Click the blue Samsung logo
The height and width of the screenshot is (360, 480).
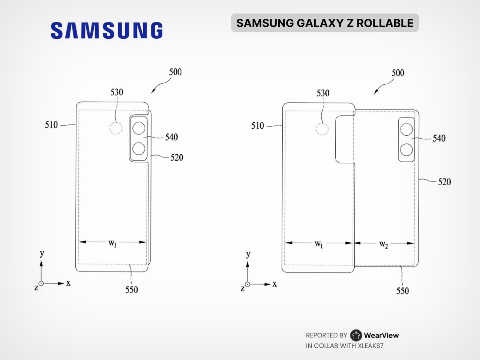107,30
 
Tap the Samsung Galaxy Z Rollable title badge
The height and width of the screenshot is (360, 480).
325,23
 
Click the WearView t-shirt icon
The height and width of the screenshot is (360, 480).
356,335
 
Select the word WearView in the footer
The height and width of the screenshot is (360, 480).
381,335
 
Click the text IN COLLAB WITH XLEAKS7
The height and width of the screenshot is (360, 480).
345,346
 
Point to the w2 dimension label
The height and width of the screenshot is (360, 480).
384,244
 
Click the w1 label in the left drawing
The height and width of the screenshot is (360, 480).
112,243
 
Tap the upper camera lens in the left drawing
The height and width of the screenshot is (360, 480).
139,128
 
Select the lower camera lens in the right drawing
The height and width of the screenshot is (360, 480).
406,150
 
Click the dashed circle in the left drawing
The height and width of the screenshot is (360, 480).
116,128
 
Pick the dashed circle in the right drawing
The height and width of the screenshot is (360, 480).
322,129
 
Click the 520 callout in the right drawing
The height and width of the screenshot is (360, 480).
444,182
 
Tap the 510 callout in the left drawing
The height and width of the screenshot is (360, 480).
51,125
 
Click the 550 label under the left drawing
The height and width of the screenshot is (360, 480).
131,290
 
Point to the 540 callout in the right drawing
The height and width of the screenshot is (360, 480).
439,138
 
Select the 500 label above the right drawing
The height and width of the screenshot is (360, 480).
398,73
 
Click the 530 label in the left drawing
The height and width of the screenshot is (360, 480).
117,92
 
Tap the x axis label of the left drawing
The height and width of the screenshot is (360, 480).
69,283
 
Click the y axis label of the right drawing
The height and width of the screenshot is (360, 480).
248,254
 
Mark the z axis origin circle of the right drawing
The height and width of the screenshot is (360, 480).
247,284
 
